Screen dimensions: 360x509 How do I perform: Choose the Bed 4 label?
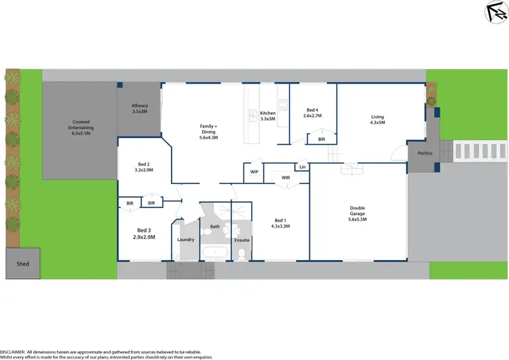312,113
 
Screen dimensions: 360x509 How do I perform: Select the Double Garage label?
358,213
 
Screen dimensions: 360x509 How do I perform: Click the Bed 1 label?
282,223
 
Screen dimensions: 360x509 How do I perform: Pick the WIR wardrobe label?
286,178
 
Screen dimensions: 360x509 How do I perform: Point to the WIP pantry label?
254,172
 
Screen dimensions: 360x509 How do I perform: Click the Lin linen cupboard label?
302,166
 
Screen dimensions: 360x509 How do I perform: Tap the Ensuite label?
242,240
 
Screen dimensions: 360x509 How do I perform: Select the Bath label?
214,226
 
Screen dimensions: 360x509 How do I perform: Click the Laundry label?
185,239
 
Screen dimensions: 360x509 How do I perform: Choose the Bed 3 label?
144,233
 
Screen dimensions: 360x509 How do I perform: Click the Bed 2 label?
143,167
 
